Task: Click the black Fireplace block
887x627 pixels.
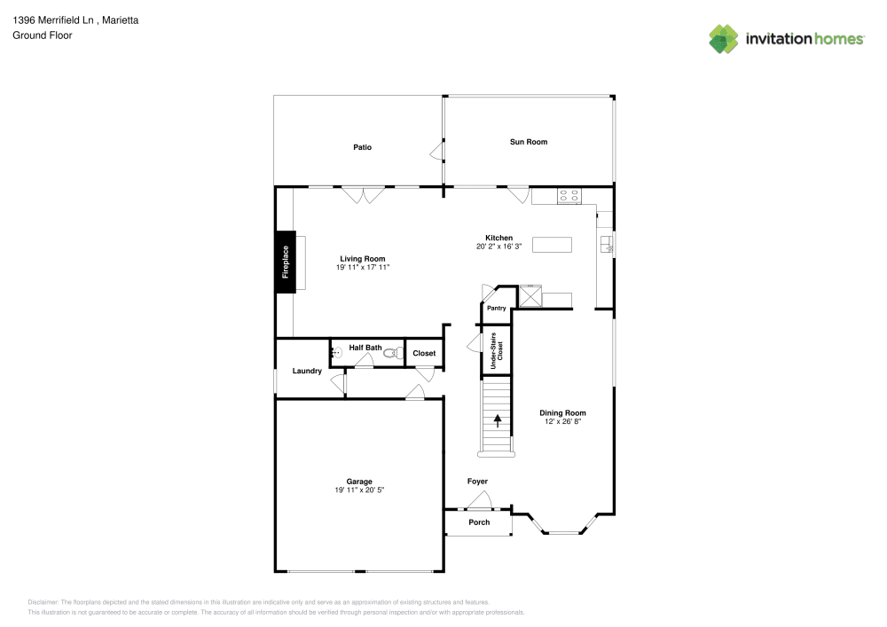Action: pyautogui.click(x=285, y=261)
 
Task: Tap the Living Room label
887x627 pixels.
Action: pyautogui.click(x=363, y=258)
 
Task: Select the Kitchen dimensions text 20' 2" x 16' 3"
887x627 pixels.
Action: pyautogui.click(x=498, y=247)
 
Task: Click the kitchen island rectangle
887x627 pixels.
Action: pyautogui.click(x=552, y=245)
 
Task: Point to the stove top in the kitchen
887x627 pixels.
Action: pyautogui.click(x=569, y=196)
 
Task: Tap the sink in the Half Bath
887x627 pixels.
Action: pyautogui.click(x=336, y=353)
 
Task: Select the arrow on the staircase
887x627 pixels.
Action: pyautogui.click(x=498, y=420)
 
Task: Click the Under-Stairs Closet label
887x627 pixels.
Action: pyautogui.click(x=497, y=349)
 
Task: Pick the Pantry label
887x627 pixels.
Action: pyautogui.click(x=497, y=308)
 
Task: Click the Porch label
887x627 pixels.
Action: pyautogui.click(x=479, y=522)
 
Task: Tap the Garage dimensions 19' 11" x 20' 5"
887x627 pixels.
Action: pyautogui.click(x=359, y=490)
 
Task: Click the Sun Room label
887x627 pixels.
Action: pyautogui.click(x=528, y=142)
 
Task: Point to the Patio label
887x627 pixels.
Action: pyautogui.click(x=362, y=146)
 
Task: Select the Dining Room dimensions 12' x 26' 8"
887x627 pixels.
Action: pyautogui.click(x=563, y=421)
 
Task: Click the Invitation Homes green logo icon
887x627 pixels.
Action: pyautogui.click(x=724, y=38)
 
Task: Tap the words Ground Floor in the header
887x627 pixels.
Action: pyautogui.click(x=43, y=35)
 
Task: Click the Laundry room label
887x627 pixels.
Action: pyautogui.click(x=307, y=371)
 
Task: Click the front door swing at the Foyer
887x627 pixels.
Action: pyautogui.click(x=480, y=501)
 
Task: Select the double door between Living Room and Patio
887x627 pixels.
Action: pyautogui.click(x=364, y=194)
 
